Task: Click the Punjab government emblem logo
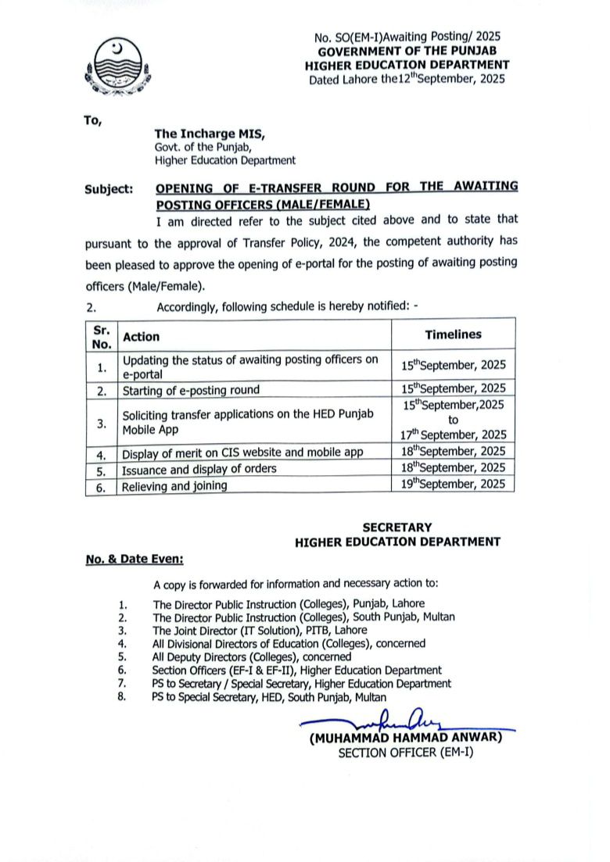[x=117, y=66]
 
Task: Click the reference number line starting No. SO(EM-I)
[x=407, y=37]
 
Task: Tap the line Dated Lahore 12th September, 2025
[x=407, y=79]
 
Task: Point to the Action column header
[x=142, y=337]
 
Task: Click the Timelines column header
[x=453, y=334]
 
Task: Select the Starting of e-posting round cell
[x=190, y=389]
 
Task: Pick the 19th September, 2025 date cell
[x=454, y=484]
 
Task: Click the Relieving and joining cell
[x=174, y=485]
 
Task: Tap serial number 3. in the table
[x=101, y=423]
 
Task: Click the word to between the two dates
[x=454, y=419]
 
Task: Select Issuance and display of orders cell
[x=199, y=469]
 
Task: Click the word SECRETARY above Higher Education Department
[x=397, y=528]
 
